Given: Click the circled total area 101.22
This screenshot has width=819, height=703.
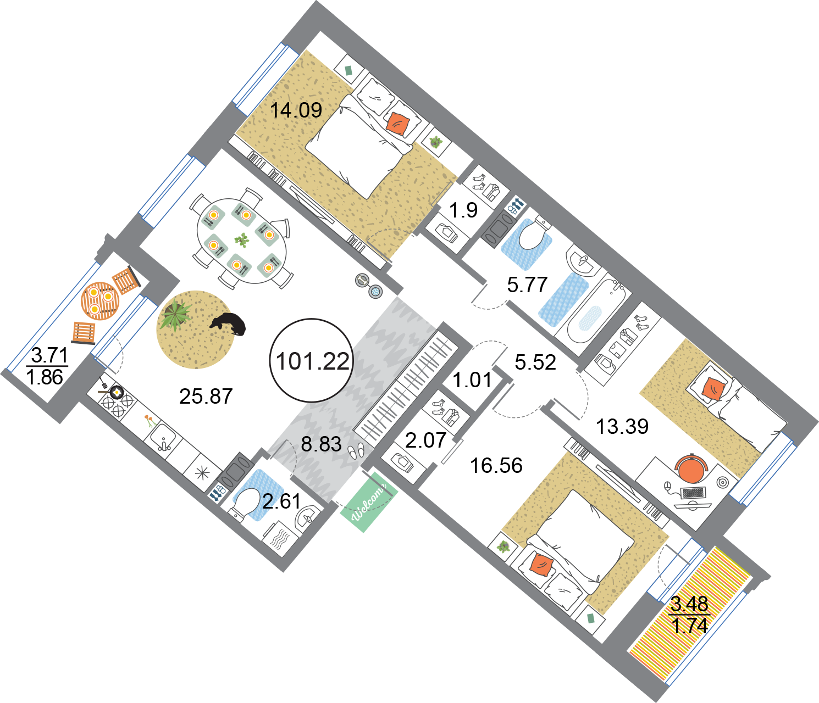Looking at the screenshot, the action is coord(312,361).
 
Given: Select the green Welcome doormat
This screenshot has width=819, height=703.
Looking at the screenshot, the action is coord(368,501).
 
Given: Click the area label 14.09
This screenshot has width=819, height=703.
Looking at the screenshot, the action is coord(296,110).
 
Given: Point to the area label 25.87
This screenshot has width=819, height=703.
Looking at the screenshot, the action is coord(206,396).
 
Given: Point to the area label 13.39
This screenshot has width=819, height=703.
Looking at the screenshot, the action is coord(622,427).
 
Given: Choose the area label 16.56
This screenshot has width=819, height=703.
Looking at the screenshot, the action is coord(496,466).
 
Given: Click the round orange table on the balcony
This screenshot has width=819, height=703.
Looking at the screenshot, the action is coord(100,300).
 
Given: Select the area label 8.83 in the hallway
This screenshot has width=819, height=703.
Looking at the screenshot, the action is coord(321,444).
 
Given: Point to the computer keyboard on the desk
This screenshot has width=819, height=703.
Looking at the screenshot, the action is coord(693,493).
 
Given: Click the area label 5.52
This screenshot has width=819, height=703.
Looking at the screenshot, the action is coord(535,362).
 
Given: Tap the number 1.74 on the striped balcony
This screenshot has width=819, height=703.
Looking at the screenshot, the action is coord(690,626).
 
